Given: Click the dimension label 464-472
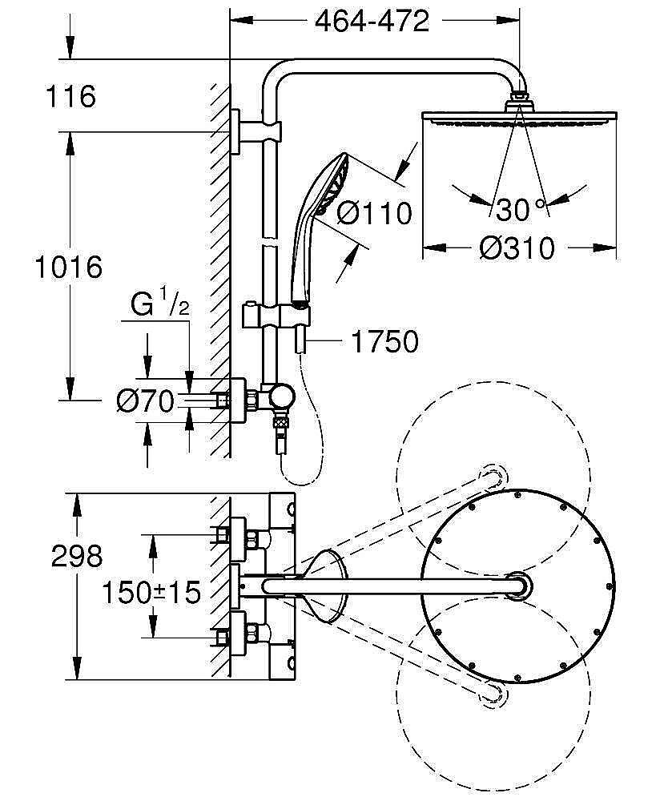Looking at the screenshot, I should pos(372,22).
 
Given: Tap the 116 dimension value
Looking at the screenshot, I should pos(70,96).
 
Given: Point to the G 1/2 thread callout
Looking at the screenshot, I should pos(159,306).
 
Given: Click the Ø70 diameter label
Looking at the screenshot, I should pos(144,401).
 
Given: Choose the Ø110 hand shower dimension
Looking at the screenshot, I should pos(374,213).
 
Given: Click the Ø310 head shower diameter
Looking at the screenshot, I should pos(517,248).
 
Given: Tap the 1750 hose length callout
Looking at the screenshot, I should pos(384,342).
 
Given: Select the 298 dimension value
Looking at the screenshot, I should pos(76,555).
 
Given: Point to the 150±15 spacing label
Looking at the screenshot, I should pos(151,593).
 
